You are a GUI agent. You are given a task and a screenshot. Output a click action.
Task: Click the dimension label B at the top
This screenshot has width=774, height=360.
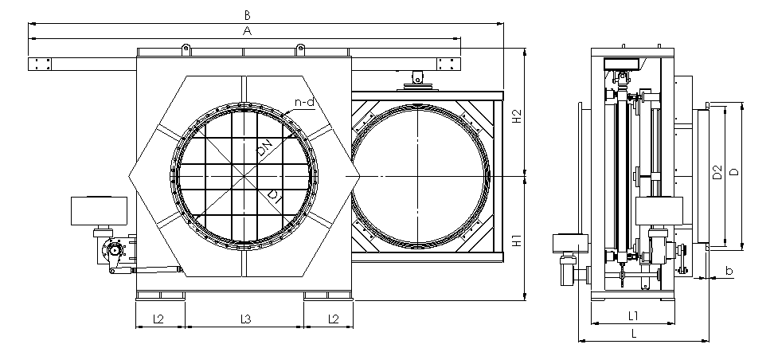(248, 15)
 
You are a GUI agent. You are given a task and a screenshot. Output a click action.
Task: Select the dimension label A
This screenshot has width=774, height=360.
(248, 31)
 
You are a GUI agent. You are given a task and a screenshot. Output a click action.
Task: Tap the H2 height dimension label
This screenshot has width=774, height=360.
(517, 115)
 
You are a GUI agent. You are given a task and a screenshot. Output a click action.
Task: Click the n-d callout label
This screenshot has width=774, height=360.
(304, 102)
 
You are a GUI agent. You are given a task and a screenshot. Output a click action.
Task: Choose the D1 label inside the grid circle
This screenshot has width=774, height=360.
(275, 197)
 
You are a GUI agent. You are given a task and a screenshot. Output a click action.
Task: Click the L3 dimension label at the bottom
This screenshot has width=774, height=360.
(245, 319)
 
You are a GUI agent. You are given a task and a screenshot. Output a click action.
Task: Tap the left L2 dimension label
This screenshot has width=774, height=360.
(158, 319)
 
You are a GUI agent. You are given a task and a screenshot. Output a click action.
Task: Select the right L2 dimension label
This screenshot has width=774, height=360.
(333, 319)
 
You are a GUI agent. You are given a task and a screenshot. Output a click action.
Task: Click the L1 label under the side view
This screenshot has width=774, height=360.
(633, 315)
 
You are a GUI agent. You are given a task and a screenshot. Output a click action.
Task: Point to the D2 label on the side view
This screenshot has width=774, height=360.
(717, 172)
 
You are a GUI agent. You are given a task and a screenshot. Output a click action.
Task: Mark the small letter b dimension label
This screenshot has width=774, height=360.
(729, 270)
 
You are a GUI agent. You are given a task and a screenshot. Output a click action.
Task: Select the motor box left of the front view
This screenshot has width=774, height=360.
(100, 211)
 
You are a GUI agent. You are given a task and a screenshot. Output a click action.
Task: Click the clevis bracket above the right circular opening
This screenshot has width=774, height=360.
(418, 80)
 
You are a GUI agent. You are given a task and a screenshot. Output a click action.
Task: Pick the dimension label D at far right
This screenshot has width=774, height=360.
(734, 172)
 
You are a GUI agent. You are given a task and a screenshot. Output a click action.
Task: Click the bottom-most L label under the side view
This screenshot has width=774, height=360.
(634, 334)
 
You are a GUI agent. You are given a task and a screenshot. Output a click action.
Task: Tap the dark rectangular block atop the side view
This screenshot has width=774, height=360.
(622, 63)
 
